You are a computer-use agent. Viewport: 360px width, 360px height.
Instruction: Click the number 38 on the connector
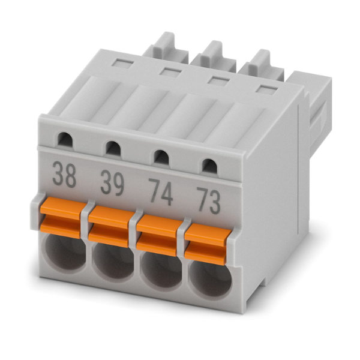pos(64,175)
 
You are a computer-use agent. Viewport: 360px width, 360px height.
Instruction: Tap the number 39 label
pos(112,183)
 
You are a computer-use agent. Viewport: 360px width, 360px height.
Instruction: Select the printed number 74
pos(160,192)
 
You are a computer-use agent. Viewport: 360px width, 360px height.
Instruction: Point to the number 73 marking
pos(208,200)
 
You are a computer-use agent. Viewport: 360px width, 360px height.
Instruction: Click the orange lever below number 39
pos(112,227)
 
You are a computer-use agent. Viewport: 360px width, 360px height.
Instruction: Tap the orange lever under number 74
pos(160,236)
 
